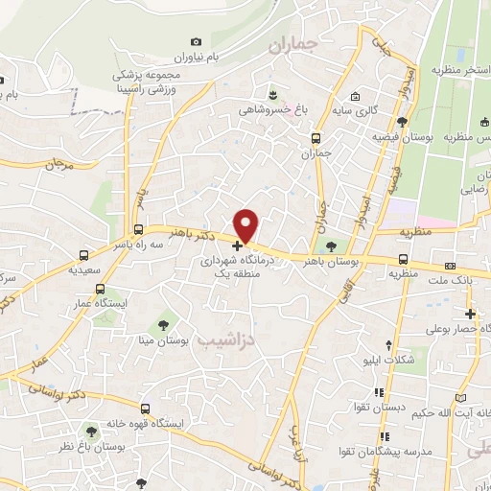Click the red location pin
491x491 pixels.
pos(247,225)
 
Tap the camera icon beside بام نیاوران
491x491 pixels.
pos(197,42)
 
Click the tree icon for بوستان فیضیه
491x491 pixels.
pos(402,122)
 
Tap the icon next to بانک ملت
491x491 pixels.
pos(450,266)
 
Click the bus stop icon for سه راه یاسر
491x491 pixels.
pos(139,230)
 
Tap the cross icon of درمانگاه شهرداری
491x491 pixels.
pos(237,246)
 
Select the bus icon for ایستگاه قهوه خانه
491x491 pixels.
pos(144,408)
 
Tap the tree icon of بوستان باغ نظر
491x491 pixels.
pos(93,431)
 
